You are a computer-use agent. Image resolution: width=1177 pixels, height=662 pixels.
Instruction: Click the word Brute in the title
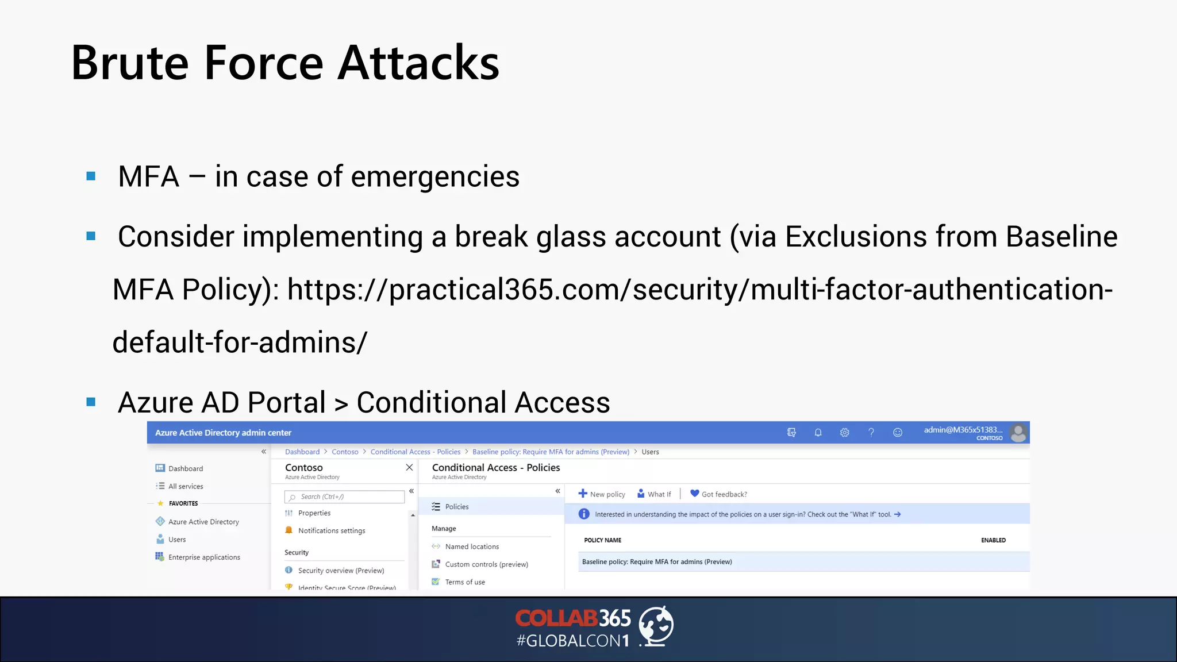pos(130,63)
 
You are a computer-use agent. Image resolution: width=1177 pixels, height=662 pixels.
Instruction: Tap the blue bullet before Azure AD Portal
pos(91,402)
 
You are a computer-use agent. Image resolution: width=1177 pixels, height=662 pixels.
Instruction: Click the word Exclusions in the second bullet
pos(856,237)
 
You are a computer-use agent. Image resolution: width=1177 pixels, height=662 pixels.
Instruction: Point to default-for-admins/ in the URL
pos(239,343)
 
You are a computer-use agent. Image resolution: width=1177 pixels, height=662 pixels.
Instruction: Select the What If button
pos(654,494)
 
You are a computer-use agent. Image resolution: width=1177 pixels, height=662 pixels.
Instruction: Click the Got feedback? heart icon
pos(694,494)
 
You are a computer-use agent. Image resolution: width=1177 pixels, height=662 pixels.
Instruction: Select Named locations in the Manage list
pos(471,546)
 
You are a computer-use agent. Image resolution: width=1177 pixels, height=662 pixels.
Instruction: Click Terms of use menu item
pos(464,582)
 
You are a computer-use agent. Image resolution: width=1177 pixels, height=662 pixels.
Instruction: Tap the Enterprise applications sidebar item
pos(203,557)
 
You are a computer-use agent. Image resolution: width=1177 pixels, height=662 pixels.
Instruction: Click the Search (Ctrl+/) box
pos(345,497)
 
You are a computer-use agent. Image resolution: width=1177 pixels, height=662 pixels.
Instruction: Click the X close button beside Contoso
pos(409,468)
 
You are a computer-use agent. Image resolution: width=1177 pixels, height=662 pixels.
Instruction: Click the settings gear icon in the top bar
pos(844,433)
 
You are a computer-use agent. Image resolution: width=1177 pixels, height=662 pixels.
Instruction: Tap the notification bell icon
pos(818,433)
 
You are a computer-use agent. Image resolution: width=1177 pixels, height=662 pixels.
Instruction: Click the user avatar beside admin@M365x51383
pos(1018,432)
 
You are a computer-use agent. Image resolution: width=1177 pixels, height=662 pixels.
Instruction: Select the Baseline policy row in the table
pos(656,562)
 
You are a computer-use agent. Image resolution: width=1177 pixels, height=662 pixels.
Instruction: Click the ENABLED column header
pos(993,540)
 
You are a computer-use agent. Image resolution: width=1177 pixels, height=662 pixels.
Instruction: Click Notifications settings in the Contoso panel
pos(331,531)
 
